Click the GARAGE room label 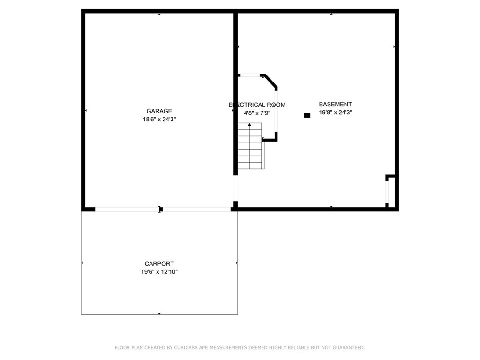[159, 111]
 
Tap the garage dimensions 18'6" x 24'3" [159, 119]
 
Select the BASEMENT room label [335, 104]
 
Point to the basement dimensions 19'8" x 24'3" [335, 112]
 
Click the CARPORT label [159, 264]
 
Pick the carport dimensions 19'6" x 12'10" [159, 272]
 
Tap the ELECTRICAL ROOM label [257, 105]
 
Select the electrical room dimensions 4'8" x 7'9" [257, 113]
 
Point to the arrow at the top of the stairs [249, 125]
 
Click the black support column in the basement [307, 115]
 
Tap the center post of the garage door [161, 210]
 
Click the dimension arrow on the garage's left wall [86, 110]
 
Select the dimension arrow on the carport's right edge [237, 263]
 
